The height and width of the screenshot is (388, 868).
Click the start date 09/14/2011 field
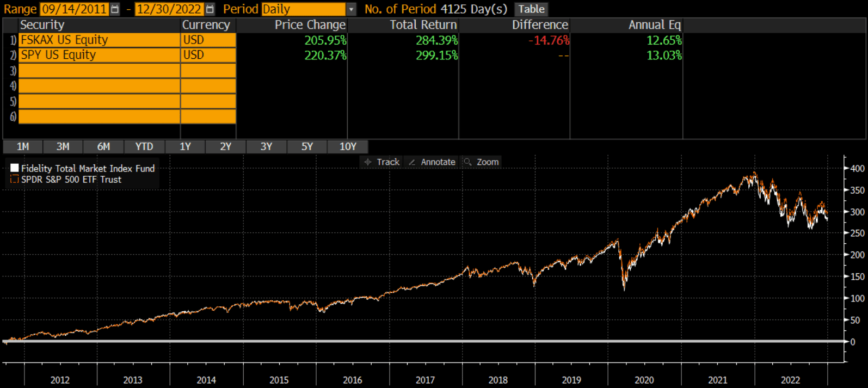pos(74,9)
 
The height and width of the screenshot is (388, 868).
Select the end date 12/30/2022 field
pos(169,9)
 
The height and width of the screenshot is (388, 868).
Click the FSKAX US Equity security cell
pos(99,40)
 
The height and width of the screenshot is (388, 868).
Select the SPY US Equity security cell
pos(99,55)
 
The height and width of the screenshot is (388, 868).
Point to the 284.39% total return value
pos(436,40)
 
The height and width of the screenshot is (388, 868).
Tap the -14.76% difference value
pos(549,40)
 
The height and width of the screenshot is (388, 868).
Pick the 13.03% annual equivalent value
pos(663,55)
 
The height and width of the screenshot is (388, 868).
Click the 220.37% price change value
pos(325,55)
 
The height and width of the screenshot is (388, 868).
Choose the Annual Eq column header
pos(654,25)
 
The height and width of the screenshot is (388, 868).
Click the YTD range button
pos(144,146)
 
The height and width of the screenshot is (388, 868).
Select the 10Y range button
pos(348,146)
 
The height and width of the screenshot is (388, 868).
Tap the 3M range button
pos(63,146)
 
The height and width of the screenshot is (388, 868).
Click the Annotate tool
pos(432,162)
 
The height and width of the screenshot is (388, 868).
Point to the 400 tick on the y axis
pos(857,169)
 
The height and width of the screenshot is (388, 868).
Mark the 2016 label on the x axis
pos(352,380)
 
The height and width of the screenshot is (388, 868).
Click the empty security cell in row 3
pos(99,71)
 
